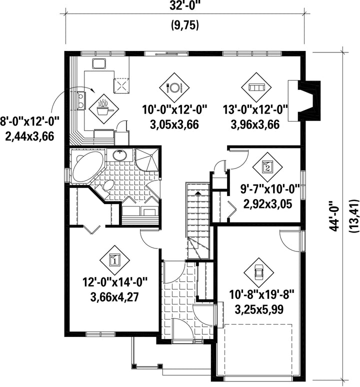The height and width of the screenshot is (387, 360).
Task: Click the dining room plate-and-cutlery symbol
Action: pos(174,87)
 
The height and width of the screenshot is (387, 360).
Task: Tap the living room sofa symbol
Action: pos(256,87)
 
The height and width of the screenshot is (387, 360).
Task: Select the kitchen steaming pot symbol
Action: pos(103,108)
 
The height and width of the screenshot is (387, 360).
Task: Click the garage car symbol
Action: pos(258,272)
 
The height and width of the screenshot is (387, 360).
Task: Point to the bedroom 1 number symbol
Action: pos(114,260)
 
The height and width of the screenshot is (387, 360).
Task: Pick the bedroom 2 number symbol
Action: pos(267,167)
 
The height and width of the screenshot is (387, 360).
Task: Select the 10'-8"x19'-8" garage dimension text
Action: pos(262,294)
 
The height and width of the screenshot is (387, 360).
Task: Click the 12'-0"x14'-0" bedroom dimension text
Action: pos(115,282)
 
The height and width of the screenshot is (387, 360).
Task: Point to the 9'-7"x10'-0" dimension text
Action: pos(270,189)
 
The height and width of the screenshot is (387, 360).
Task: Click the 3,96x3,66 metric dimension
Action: pos(255,124)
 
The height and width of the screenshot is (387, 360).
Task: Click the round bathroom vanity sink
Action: pos(120,155)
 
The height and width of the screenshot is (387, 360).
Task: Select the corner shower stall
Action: pos(146,159)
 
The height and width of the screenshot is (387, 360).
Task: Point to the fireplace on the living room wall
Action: pos(304,100)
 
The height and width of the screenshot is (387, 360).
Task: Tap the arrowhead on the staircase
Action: pos(197,193)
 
